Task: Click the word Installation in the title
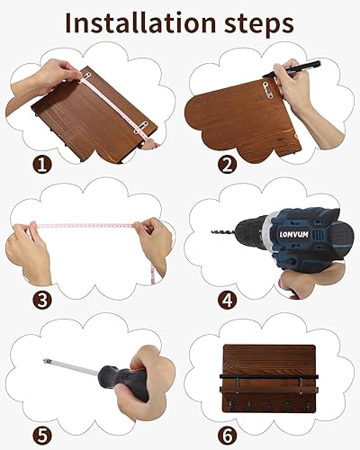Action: (x=140, y=22)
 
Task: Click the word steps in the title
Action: (x=259, y=25)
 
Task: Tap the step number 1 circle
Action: (x=42, y=165)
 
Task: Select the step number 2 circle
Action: (x=228, y=165)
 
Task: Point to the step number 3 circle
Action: (x=42, y=301)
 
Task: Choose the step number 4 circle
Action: (x=228, y=301)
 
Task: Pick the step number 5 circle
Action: (x=42, y=436)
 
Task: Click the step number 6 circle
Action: (x=228, y=436)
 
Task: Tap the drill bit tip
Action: (x=212, y=231)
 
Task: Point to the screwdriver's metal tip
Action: (x=46, y=361)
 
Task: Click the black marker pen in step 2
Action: (x=292, y=69)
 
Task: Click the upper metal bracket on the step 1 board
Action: (x=86, y=76)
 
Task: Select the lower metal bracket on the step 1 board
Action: (x=141, y=127)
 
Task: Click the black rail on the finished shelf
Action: (x=269, y=376)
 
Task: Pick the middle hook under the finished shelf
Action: (x=269, y=406)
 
